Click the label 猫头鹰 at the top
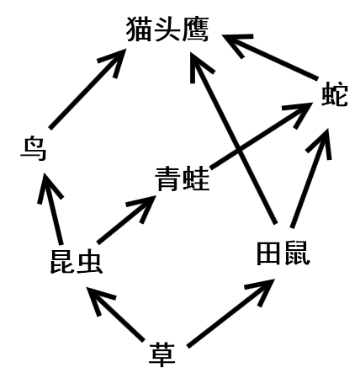[x=167, y=29]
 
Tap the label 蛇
[x=335, y=94]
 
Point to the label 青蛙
[x=183, y=179]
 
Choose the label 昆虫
[x=76, y=261]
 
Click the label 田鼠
[x=283, y=253]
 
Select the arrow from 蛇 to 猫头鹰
[x=270, y=56]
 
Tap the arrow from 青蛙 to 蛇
[x=262, y=136]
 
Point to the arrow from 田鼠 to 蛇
[x=311, y=179]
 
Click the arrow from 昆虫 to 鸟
[x=50, y=209]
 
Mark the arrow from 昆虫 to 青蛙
[x=126, y=219]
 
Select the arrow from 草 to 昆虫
[x=115, y=314]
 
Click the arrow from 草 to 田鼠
[x=230, y=313]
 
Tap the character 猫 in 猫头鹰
[x=140, y=29]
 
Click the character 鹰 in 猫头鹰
[x=195, y=29]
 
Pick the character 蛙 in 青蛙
[x=197, y=179]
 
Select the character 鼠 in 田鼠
[x=298, y=253]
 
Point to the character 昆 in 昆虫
[x=62, y=261]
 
